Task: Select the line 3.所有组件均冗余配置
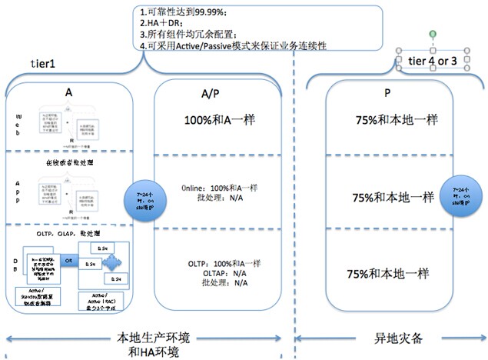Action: click(x=202, y=35)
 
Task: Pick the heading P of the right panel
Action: click(x=387, y=93)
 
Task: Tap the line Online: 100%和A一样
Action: click(x=219, y=188)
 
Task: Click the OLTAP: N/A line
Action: click(x=218, y=273)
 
